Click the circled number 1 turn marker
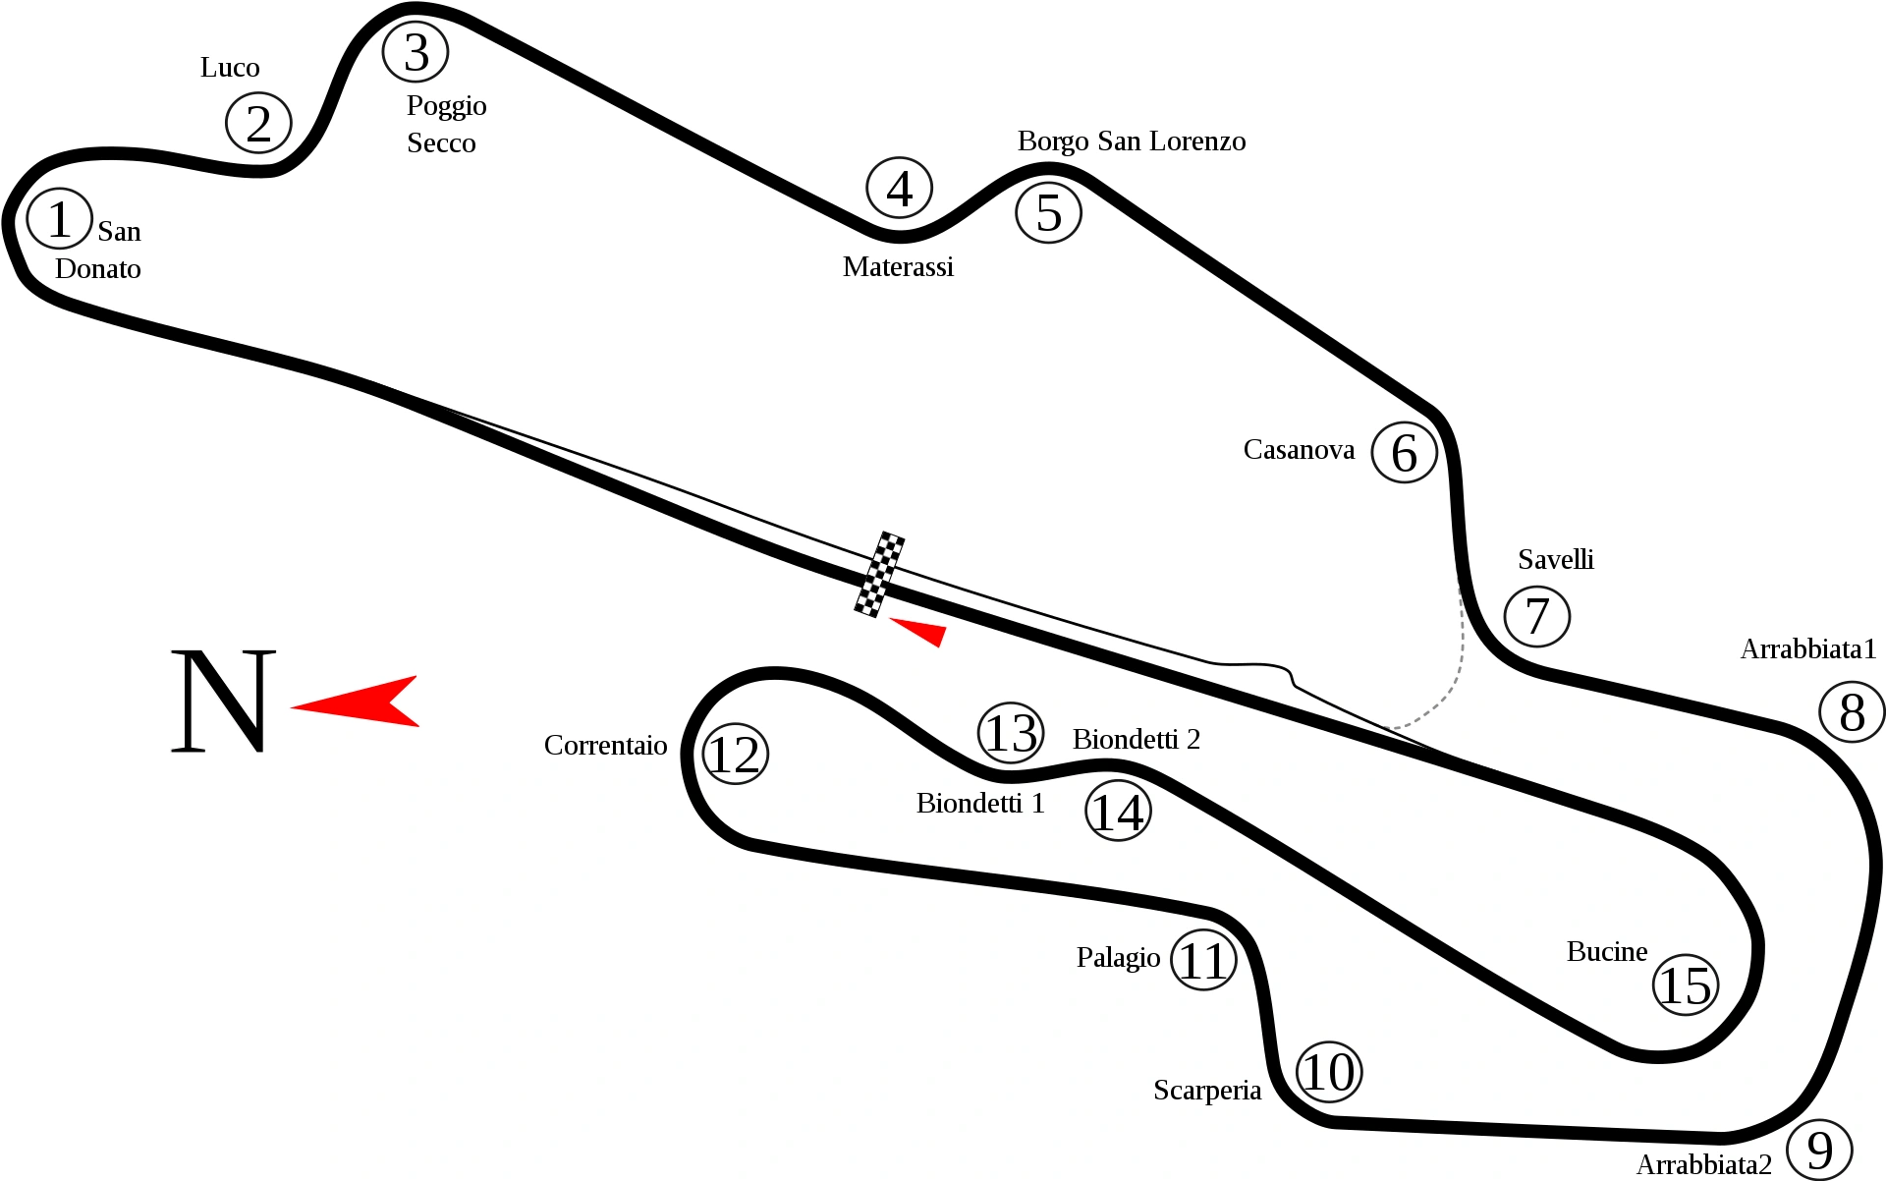tap(59, 218)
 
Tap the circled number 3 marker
tap(416, 51)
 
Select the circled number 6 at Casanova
tap(1404, 452)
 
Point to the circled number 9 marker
tap(1819, 1149)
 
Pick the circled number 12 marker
tap(735, 754)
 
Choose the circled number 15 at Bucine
tap(1686, 984)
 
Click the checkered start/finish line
tap(879, 575)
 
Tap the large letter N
tap(223, 701)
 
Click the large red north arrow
tap(355, 702)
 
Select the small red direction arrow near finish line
tap(918, 631)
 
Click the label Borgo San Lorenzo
tap(1132, 141)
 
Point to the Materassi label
tap(898, 266)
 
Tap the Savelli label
tap(1556, 559)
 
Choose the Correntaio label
tap(605, 746)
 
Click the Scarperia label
tap(1207, 1091)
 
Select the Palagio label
tap(1118, 957)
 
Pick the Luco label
tap(230, 67)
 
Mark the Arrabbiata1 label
tap(1808, 648)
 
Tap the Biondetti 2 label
tap(1137, 739)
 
